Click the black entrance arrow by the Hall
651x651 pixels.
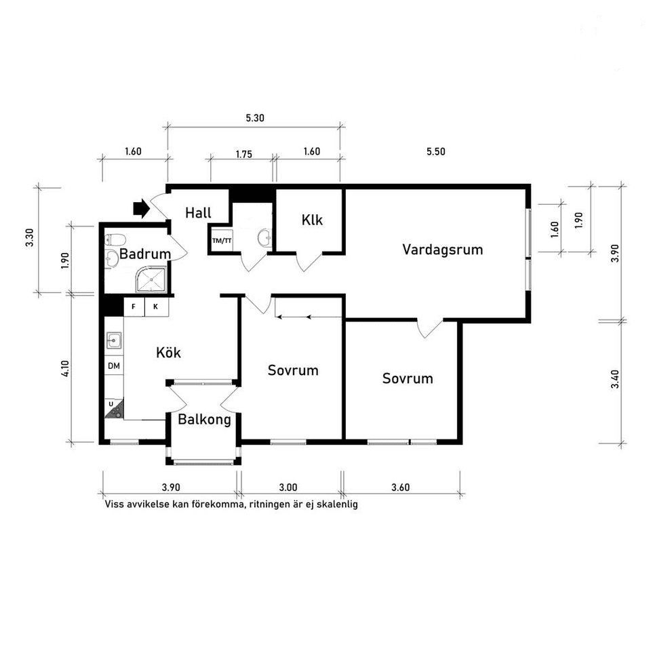point(141,208)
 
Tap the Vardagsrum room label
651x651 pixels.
point(443,250)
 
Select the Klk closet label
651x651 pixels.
point(312,220)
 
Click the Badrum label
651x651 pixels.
point(145,254)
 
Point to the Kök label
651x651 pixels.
point(169,353)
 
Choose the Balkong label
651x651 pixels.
point(204,420)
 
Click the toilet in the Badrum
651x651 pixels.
point(115,240)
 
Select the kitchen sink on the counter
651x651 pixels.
point(114,340)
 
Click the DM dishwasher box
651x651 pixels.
point(114,366)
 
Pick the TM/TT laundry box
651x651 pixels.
point(222,240)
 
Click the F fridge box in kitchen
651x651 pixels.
point(134,307)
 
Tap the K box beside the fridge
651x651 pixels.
point(156,307)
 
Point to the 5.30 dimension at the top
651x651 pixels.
point(255,118)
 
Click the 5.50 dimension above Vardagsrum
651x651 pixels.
point(436,151)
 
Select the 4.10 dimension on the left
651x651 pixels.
point(65,369)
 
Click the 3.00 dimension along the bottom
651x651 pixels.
point(288,488)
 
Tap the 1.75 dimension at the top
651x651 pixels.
point(244,155)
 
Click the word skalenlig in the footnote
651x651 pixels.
point(337,505)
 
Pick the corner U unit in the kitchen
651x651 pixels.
point(113,408)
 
